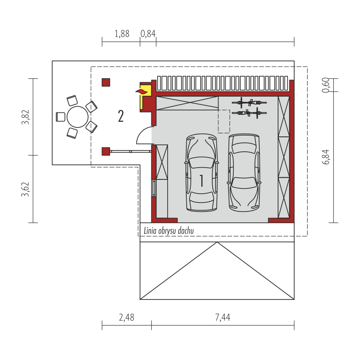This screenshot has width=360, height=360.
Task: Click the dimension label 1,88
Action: pyautogui.click(x=122, y=34)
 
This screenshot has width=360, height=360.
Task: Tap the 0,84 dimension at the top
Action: pyautogui.click(x=148, y=34)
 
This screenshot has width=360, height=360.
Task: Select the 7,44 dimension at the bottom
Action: pyautogui.click(x=222, y=317)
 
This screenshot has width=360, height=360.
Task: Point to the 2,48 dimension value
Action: pyautogui.click(x=127, y=317)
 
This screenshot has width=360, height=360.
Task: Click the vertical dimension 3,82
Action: pyautogui.click(x=26, y=117)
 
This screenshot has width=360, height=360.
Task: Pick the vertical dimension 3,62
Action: pyautogui.click(x=26, y=189)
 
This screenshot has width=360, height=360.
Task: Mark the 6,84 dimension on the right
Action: pyautogui.click(x=326, y=157)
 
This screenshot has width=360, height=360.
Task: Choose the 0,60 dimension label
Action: pyautogui.click(x=326, y=85)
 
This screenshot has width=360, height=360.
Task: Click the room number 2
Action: pyautogui.click(x=121, y=116)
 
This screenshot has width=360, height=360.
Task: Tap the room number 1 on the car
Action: pyautogui.click(x=202, y=181)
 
